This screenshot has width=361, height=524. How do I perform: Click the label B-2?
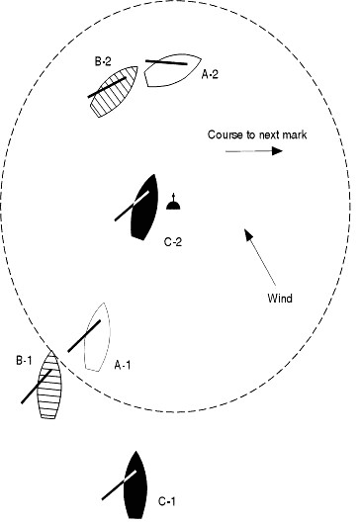coord(102,61)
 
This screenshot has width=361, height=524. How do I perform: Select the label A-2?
coord(210,72)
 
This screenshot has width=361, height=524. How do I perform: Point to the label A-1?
coord(123,365)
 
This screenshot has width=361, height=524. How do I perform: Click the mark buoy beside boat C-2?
coord(174,204)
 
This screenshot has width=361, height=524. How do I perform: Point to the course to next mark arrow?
coord(254,151)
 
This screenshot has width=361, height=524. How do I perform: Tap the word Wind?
coord(280,298)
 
